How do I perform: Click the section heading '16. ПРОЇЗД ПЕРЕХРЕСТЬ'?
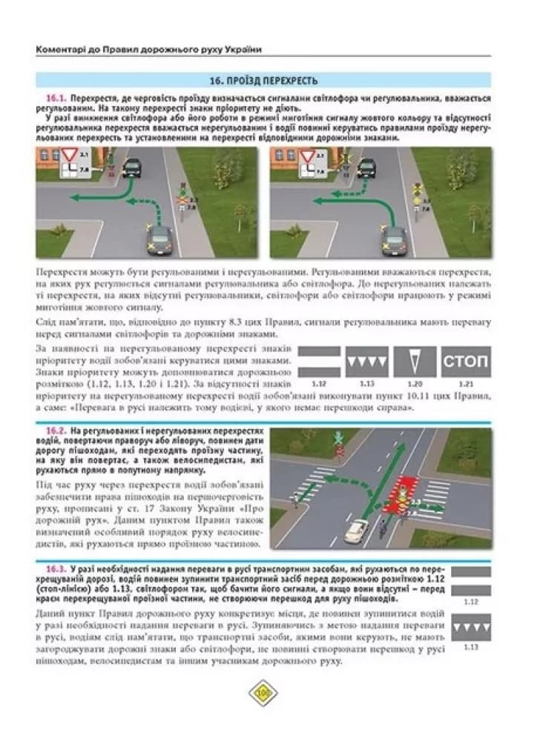264,80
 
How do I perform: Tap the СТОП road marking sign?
466,362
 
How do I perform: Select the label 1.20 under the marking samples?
415,385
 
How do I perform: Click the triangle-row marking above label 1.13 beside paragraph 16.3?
472,628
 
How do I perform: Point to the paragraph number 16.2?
56,431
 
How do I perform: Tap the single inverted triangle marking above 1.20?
415,362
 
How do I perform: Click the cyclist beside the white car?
382,528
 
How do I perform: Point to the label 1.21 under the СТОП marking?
466,385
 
